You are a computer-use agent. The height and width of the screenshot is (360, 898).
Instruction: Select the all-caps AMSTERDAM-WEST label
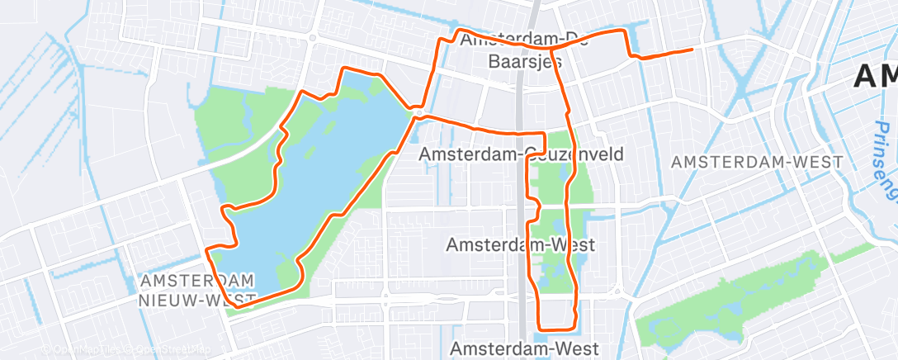(x=757, y=163)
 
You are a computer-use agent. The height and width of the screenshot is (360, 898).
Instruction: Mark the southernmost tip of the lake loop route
(x=239, y=306)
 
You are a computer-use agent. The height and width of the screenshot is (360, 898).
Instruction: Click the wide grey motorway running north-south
(x=522, y=206)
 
